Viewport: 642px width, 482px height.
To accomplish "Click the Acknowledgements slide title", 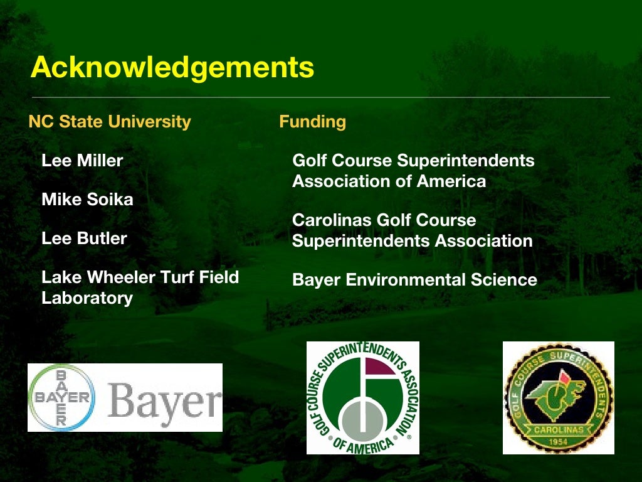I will [172, 67].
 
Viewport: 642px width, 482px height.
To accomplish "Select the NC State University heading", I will [110, 121].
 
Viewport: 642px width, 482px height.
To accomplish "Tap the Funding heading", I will [312, 121].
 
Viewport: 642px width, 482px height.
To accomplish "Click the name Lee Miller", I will [82, 161].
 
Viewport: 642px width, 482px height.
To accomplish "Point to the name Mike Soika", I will [87, 200].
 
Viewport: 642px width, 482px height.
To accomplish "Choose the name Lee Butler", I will [84, 238].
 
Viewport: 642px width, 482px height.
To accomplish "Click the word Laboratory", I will [87, 297].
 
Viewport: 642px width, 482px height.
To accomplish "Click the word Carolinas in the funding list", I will [332, 220].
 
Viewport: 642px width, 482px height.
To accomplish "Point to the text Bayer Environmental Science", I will [414, 279].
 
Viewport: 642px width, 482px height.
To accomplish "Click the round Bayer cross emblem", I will [61, 397].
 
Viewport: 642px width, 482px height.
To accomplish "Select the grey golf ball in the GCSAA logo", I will [362, 417].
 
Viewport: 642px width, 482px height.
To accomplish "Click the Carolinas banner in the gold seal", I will [559, 429].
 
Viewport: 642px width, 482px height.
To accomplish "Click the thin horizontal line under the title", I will [320, 97].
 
